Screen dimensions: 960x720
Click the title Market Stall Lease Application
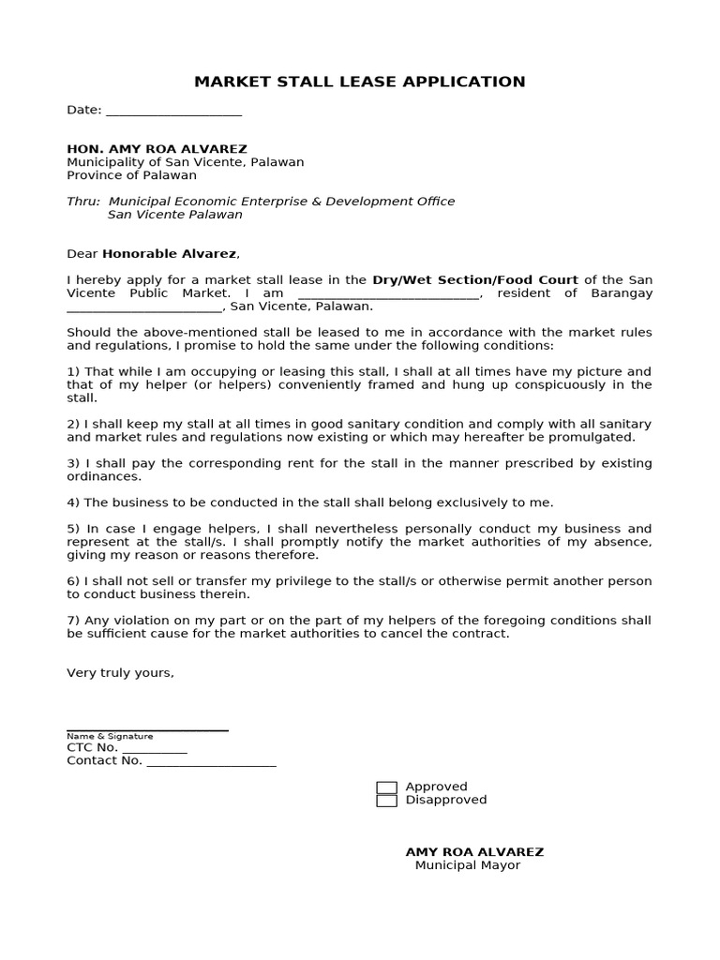pyautogui.click(x=359, y=82)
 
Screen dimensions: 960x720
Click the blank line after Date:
pyautogui.click(x=173, y=112)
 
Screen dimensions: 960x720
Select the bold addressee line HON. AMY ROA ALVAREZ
pyautogui.click(x=157, y=149)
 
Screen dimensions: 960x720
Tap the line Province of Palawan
pyautogui.click(x=131, y=175)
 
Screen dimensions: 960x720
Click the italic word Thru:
pyautogui.click(x=83, y=202)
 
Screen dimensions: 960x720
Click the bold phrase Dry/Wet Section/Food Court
pyautogui.click(x=475, y=280)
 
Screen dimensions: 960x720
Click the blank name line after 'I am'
pyautogui.click(x=388, y=295)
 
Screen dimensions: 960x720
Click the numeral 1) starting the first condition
pyautogui.click(x=73, y=372)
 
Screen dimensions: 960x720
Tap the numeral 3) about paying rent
pyautogui.click(x=73, y=464)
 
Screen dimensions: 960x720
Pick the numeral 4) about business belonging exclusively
pyautogui.click(x=73, y=503)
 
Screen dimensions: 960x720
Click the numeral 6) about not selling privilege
pyautogui.click(x=73, y=582)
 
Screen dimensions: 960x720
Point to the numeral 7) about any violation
pyautogui.click(x=73, y=622)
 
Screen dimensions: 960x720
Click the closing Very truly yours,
pyautogui.click(x=120, y=673)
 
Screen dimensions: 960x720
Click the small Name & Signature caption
pyautogui.click(x=110, y=737)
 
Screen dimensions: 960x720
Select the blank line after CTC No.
pyautogui.click(x=155, y=750)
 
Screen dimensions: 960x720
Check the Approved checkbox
pyautogui.click(x=386, y=787)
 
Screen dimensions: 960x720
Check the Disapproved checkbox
pyautogui.click(x=386, y=801)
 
